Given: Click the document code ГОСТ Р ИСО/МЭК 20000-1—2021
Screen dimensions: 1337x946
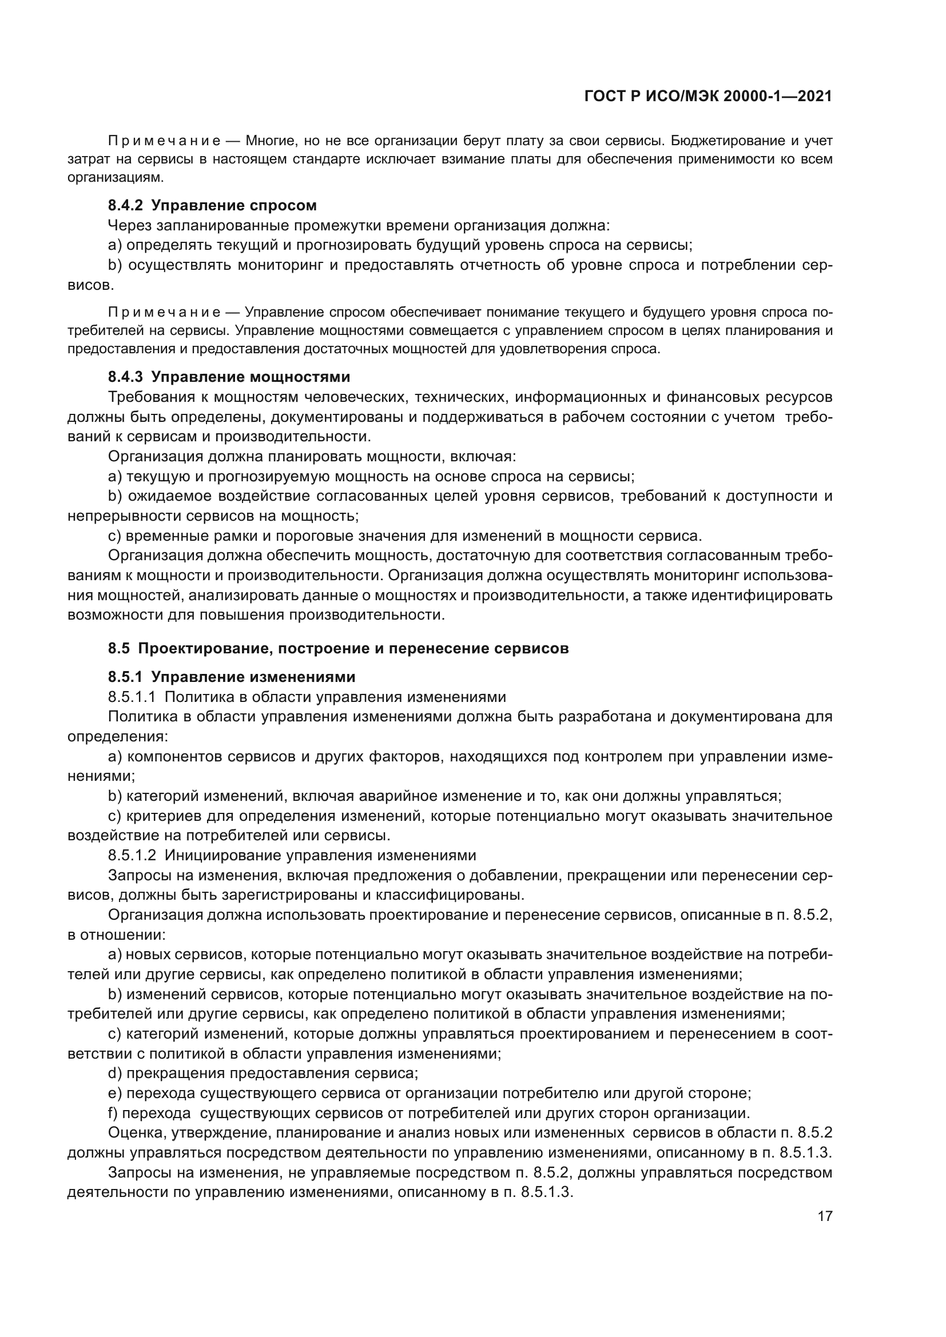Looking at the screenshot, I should (x=707, y=97).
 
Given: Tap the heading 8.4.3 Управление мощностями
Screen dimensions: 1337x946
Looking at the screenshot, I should (x=229, y=377).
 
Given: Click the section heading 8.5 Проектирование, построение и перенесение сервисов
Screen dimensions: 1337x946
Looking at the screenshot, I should (x=338, y=648).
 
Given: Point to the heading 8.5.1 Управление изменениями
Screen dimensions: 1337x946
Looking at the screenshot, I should (x=231, y=677).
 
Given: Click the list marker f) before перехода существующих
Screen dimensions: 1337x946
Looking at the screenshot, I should (x=113, y=1113).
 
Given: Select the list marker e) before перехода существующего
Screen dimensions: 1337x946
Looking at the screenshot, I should (x=115, y=1093).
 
